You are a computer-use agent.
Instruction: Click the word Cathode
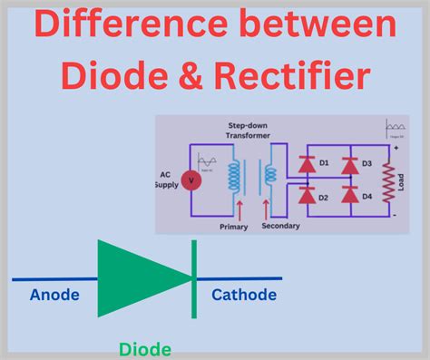click(244, 294)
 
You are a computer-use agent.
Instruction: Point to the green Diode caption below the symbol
click(144, 348)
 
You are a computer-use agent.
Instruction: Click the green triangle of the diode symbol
click(136, 278)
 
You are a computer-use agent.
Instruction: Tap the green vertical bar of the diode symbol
click(193, 278)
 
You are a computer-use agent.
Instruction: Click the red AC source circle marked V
click(191, 180)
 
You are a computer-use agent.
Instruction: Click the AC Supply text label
click(168, 180)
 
